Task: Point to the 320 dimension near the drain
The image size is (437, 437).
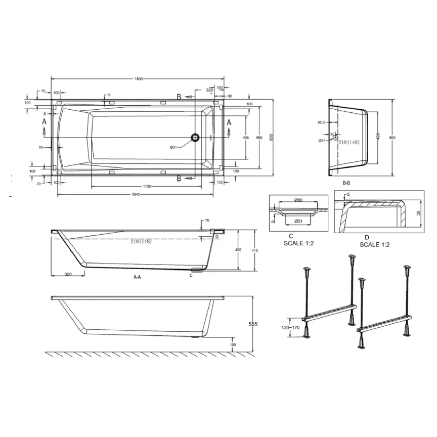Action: tap(210, 90)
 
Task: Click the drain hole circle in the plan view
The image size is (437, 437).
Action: tap(195, 137)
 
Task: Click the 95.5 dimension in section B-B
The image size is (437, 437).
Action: tap(321, 122)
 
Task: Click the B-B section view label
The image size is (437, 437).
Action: tap(347, 183)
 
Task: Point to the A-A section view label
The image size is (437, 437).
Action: tap(137, 277)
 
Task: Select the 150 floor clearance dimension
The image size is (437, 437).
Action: tap(233, 344)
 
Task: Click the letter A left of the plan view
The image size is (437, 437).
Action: tap(44, 122)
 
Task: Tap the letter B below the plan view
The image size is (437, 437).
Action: tap(179, 178)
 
